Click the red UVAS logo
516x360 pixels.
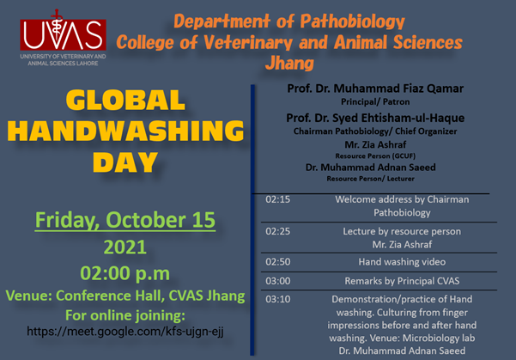[x=63, y=34]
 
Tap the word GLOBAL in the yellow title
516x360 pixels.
[x=125, y=101]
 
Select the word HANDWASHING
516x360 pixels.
[x=125, y=131]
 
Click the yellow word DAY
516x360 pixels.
[x=125, y=162]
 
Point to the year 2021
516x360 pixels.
[x=125, y=247]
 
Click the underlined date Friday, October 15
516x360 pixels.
[x=125, y=220]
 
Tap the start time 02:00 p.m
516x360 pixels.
[x=125, y=273]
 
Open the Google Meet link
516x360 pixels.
[x=125, y=331]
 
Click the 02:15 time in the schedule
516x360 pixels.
[x=278, y=199]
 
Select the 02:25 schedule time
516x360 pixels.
[x=278, y=231]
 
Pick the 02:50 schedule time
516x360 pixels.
[x=278, y=262]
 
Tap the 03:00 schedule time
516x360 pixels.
[x=278, y=281]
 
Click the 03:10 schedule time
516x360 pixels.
[x=278, y=299]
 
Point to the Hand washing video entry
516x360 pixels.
[x=402, y=262]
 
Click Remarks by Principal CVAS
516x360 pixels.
[x=402, y=281]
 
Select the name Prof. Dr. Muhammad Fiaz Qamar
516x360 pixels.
[x=375, y=88]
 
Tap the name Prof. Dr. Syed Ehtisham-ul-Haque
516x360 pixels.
[x=375, y=118]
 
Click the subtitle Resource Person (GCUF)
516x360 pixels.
[x=375, y=156]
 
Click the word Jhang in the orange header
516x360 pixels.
[x=289, y=64]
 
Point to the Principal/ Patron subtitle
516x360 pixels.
[x=375, y=101]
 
